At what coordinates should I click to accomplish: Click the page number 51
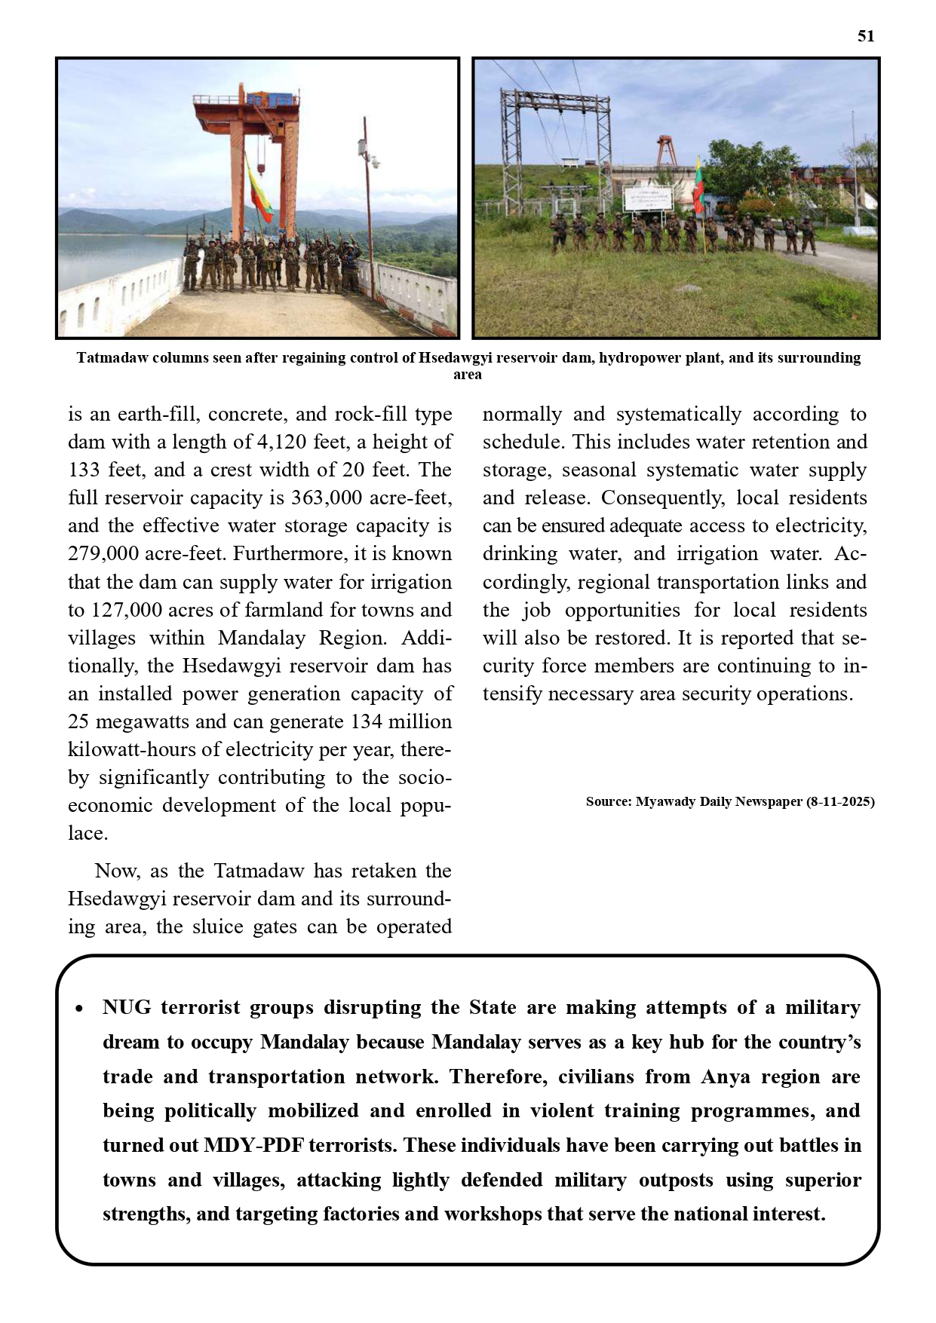(866, 36)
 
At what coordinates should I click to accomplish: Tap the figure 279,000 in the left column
(103, 554)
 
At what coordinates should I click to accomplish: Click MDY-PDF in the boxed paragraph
(254, 1146)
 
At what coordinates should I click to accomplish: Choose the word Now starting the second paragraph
(117, 871)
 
